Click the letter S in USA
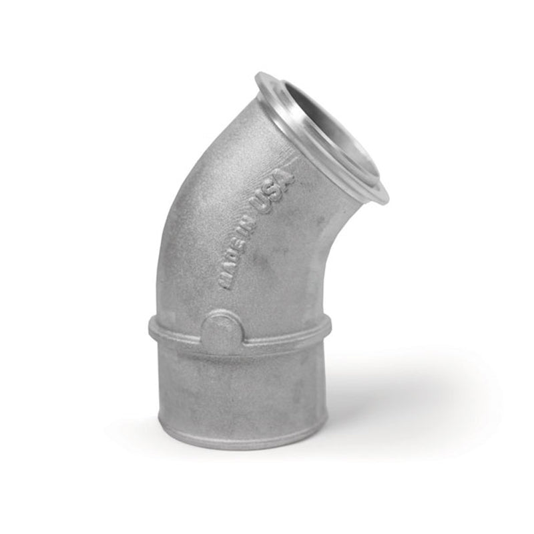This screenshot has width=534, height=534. point(276,190)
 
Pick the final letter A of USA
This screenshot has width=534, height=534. point(285,177)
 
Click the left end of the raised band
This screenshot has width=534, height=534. point(152,328)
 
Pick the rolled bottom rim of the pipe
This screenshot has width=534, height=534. point(234,437)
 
